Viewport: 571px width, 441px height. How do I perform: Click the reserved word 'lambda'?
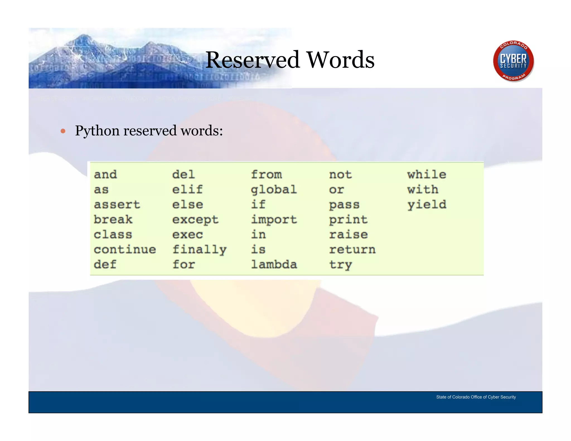pyautogui.click(x=274, y=264)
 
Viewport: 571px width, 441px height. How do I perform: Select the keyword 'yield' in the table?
pyautogui.click(x=427, y=205)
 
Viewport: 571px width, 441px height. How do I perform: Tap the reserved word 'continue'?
pyautogui.click(x=125, y=249)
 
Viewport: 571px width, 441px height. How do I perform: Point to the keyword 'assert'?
pyautogui.click(x=117, y=205)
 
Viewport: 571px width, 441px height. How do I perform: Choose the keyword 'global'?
pyautogui.click(x=274, y=190)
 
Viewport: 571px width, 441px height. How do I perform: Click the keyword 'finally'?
pyautogui.click(x=199, y=249)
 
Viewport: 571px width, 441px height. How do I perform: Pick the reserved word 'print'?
pyautogui.click(x=348, y=220)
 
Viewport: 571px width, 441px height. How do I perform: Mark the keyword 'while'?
pyautogui.click(x=427, y=175)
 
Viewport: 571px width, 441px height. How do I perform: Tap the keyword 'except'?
pyautogui.click(x=195, y=220)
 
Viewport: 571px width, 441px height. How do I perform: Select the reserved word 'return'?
pyautogui.click(x=352, y=249)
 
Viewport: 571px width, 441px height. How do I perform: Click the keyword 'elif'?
pyautogui.click(x=187, y=190)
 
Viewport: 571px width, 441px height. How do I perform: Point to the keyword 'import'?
pyautogui.click(x=274, y=220)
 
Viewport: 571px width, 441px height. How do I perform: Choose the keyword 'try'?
pyautogui.click(x=340, y=264)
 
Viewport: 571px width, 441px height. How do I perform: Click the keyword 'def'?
pyautogui.click(x=105, y=264)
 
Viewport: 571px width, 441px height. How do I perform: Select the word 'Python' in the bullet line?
pyautogui.click(x=97, y=130)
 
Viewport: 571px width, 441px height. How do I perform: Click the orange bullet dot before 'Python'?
pyautogui.click(x=63, y=131)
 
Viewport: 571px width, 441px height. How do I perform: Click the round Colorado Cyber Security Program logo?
pyautogui.click(x=513, y=61)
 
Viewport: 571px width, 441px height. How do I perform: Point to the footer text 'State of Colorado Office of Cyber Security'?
pyautogui.click(x=476, y=397)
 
